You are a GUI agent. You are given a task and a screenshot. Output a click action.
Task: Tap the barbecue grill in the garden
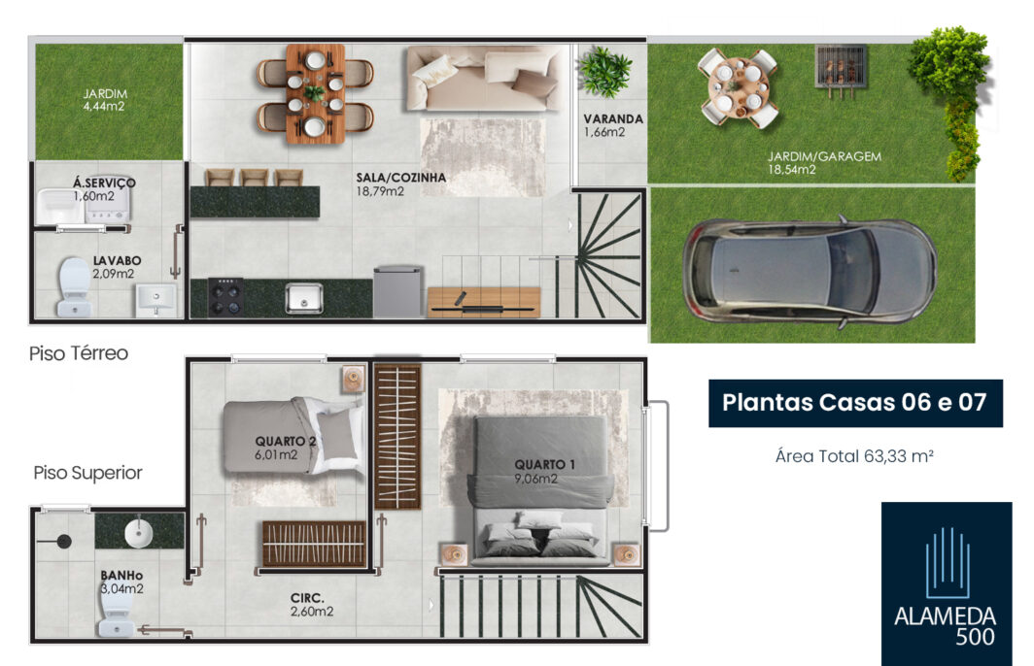[840, 68]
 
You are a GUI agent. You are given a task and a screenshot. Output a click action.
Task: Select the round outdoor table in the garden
[739, 88]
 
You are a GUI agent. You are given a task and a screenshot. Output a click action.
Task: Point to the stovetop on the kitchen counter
[224, 297]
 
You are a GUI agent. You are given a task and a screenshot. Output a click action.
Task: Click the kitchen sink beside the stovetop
[304, 298]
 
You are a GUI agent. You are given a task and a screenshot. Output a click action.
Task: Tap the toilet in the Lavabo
[73, 287]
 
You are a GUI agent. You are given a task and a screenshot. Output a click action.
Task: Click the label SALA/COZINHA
[401, 178]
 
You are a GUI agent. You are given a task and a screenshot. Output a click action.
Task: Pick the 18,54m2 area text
[791, 170]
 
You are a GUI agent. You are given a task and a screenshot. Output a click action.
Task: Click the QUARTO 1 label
[544, 464]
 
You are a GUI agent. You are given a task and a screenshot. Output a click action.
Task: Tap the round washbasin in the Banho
[138, 533]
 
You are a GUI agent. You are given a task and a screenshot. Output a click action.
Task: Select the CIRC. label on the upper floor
[307, 598]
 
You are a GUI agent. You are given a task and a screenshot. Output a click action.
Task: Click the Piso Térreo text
[79, 353]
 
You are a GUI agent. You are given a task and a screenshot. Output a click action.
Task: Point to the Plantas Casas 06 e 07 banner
[855, 403]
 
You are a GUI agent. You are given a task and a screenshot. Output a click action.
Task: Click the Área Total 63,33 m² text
[854, 456]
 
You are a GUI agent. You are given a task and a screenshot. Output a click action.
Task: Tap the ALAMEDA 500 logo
[947, 583]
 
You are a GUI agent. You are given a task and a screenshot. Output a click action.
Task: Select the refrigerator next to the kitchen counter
[397, 292]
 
